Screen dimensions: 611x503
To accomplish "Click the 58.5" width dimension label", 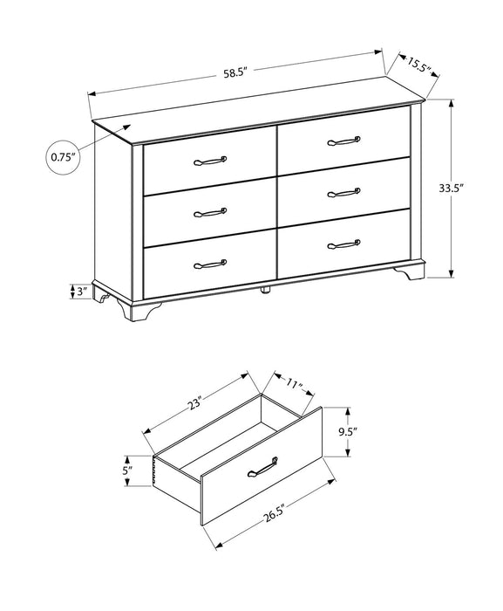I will tap(236, 74).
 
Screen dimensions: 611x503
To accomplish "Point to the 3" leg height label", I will tap(82, 292).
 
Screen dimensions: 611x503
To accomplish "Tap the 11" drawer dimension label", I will tap(293, 382).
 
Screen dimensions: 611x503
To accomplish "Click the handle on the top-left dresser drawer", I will tap(209, 161).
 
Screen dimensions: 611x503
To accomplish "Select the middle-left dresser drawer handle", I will tap(210, 211).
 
